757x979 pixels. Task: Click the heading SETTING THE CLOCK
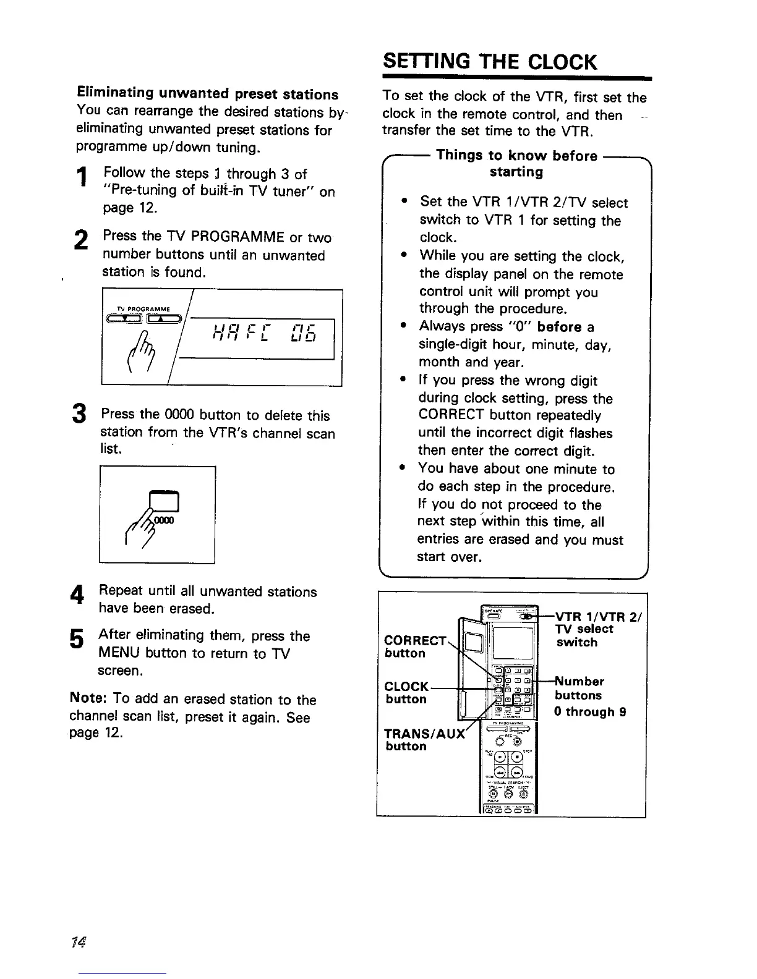[x=490, y=62]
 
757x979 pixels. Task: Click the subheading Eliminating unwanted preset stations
[x=207, y=95]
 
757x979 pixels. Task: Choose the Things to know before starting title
[x=516, y=163]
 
